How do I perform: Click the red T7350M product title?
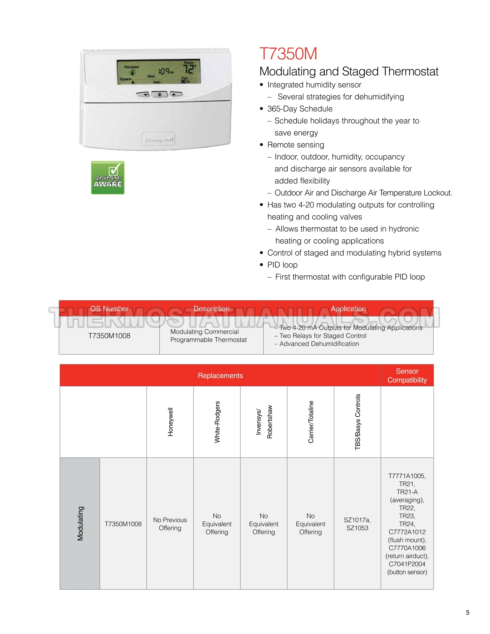click(288, 54)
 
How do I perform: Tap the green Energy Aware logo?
click(108, 178)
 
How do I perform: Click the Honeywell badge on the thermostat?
click(159, 139)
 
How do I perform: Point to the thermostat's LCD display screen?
click(159, 72)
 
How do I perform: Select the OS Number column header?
click(109, 309)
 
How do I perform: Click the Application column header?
click(348, 309)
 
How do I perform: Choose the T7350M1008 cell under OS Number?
click(109, 336)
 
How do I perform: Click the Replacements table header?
click(220, 376)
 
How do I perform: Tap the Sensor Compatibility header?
click(407, 376)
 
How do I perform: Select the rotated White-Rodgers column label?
click(217, 422)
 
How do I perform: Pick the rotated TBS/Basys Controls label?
click(358, 422)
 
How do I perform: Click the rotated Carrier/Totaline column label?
click(311, 422)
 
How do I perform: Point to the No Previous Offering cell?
click(170, 524)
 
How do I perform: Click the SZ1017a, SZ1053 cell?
click(357, 524)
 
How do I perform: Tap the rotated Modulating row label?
click(80, 524)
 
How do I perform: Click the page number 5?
click(467, 613)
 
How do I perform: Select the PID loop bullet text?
click(282, 265)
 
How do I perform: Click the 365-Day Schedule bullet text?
click(300, 109)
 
